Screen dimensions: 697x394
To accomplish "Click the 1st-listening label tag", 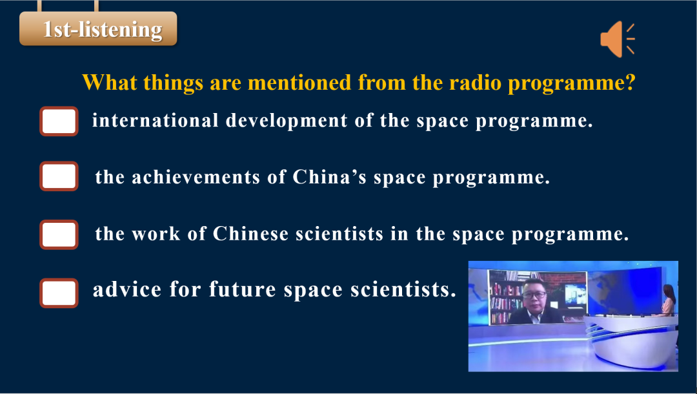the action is pyautogui.click(x=98, y=29).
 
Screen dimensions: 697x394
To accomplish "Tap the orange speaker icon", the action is pyautogui.click(x=617, y=39).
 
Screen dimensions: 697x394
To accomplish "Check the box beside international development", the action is pyautogui.click(x=59, y=121).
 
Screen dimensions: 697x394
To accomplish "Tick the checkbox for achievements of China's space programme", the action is pyautogui.click(x=59, y=176).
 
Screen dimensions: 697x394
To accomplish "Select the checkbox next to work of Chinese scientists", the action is pyautogui.click(x=59, y=234).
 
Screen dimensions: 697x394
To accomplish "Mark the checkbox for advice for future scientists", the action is pyautogui.click(x=59, y=293).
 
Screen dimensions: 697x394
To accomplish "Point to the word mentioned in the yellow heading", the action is pyautogui.click(x=299, y=82).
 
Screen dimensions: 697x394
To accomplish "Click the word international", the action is pyautogui.click(x=155, y=121).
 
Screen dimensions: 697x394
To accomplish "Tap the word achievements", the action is pyautogui.click(x=196, y=177).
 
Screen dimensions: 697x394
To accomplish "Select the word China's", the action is pyautogui.click(x=329, y=177).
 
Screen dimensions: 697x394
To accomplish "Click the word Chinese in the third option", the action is pyautogui.click(x=250, y=234).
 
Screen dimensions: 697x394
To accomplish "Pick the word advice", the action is pyautogui.click(x=127, y=289).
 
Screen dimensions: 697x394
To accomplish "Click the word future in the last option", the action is pyautogui.click(x=243, y=289).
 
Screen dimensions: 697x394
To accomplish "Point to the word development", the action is pyautogui.click(x=287, y=121).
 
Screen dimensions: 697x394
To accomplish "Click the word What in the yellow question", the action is pyautogui.click(x=109, y=82).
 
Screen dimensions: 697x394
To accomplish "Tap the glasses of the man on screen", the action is pyautogui.click(x=534, y=295).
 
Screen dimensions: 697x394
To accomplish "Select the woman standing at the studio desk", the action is pyautogui.click(x=669, y=300).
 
